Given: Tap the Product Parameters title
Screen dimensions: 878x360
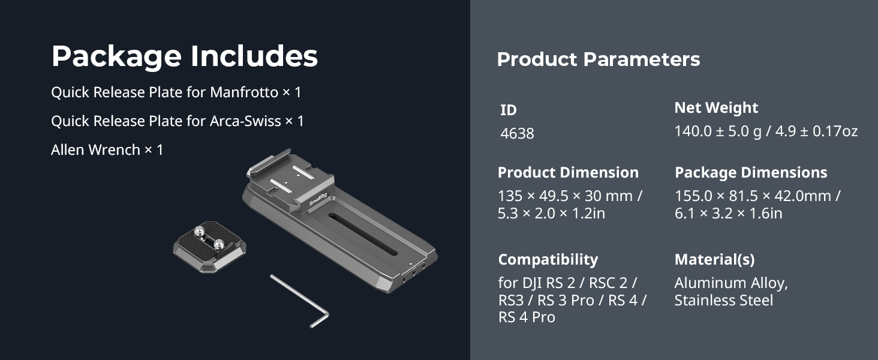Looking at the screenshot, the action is [x=598, y=59].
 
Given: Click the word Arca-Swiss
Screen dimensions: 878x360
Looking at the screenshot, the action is [x=245, y=121].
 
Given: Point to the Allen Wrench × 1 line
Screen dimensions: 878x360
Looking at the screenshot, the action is [x=107, y=149].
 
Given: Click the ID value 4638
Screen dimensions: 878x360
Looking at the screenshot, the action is [x=517, y=133].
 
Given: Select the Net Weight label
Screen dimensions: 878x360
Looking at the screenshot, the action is [x=716, y=108].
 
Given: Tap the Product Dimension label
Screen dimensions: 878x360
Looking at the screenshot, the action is [x=568, y=173].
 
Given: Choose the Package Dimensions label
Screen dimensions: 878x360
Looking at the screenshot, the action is [x=751, y=173].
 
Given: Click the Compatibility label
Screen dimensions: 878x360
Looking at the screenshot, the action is [x=548, y=259].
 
